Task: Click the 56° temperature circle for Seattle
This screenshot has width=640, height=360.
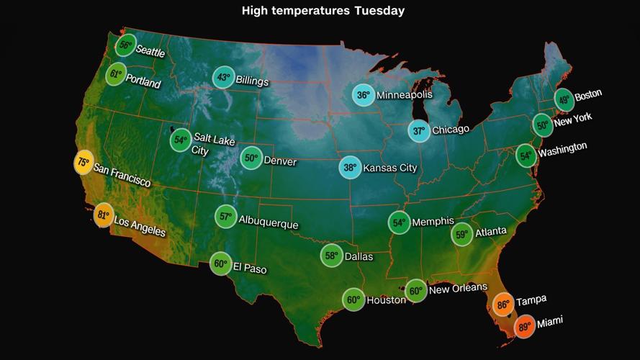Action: point(125,45)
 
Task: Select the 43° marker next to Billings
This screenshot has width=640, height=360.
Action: point(223,78)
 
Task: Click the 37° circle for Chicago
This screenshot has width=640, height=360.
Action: point(419,131)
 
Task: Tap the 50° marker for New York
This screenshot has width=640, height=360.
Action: point(543,125)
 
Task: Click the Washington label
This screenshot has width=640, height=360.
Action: point(562,150)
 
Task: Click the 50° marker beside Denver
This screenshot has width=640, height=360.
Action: point(251,158)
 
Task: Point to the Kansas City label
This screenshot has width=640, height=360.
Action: point(389,168)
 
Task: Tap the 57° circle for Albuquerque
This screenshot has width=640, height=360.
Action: point(225,216)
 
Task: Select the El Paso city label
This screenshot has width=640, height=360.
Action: point(249,268)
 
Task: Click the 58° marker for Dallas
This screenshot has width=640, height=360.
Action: point(331,256)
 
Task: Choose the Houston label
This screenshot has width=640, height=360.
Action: point(386,300)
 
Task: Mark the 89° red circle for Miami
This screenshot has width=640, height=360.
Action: point(524,327)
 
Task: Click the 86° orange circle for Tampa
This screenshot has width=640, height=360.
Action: point(502,305)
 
